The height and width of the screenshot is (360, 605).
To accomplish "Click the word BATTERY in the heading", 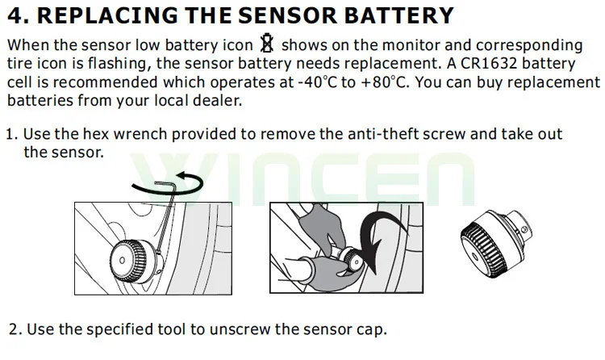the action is click(x=398, y=15).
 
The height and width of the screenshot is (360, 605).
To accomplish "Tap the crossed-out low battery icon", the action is click(x=267, y=43).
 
